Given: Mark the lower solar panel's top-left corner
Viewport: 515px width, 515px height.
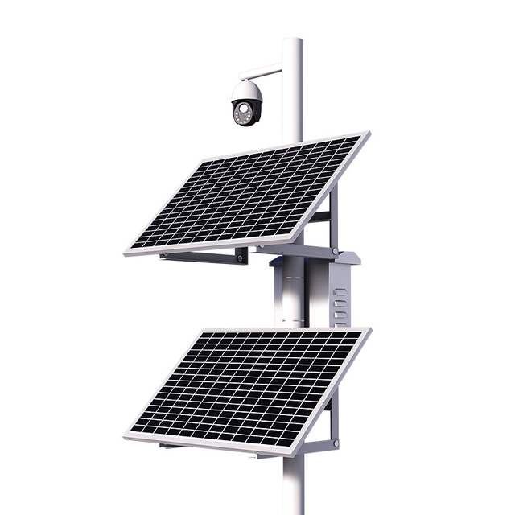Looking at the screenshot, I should click(201, 332).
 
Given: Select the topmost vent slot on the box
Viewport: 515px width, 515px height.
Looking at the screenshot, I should click(341, 291).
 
